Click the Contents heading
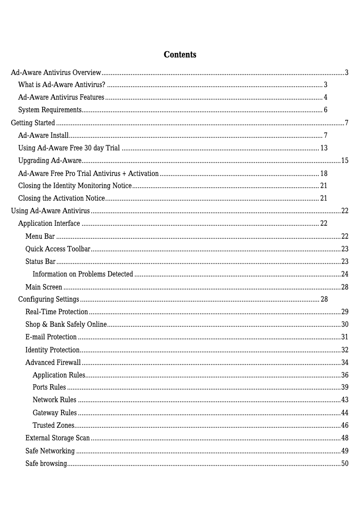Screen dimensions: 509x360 tap(180, 55)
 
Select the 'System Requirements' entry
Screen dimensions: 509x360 tap(49, 110)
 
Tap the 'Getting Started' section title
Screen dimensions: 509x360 tap(33, 123)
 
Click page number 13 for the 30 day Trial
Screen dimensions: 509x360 tap(324, 148)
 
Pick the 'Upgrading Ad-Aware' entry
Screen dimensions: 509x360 tap(49, 161)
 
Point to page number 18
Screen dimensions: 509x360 tap(324, 174)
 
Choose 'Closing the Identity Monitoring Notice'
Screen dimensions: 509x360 tap(75, 186)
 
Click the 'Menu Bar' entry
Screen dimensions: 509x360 tap(40, 237)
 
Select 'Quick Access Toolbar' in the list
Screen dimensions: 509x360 tap(58, 249)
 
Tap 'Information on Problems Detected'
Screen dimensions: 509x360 tap(83, 274)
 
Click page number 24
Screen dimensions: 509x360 tap(345, 274)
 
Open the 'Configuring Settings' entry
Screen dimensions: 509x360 tap(48, 299)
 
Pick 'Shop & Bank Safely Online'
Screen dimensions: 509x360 tap(66, 325)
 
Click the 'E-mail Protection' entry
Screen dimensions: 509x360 tap(51, 337)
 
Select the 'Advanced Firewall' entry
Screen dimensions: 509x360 tap(53, 363)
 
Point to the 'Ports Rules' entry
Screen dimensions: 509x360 tap(49, 387)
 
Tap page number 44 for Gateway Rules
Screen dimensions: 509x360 tap(345, 413)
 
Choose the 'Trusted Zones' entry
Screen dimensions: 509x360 tap(53, 426)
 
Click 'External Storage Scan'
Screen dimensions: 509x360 tap(57, 438)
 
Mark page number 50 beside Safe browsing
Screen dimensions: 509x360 tap(345, 464)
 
